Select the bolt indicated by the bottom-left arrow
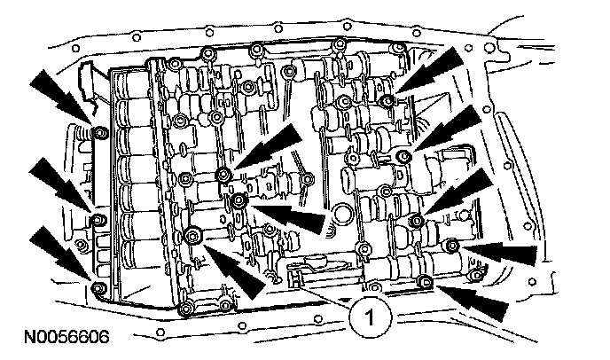[x=97, y=286]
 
